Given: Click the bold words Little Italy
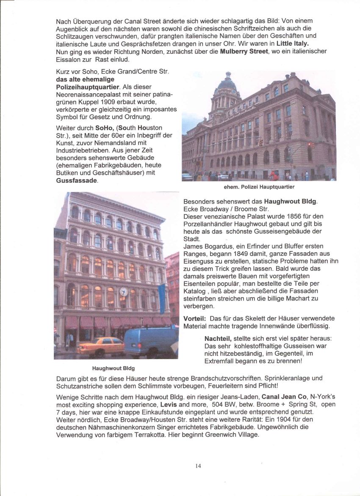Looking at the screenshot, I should (x=292, y=44).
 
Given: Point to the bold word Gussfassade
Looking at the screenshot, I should (x=76, y=181).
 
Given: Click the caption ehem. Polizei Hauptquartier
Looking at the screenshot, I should (x=259, y=187).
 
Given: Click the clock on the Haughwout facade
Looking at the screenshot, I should (x=123, y=292).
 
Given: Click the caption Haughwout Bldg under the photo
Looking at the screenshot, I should (x=114, y=368).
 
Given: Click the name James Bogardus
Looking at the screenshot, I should (x=205, y=247).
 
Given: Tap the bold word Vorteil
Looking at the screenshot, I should (x=194, y=318).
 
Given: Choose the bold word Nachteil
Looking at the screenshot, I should (x=218, y=339).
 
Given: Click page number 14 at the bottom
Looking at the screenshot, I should (x=198, y=465).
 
